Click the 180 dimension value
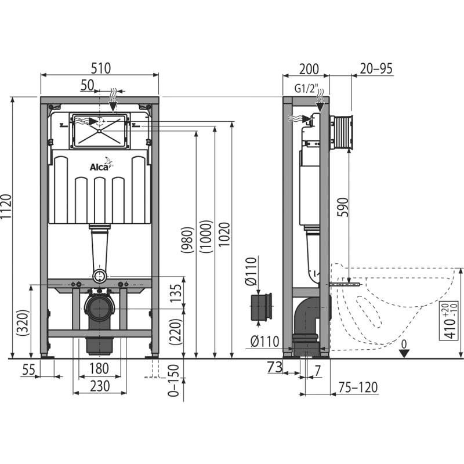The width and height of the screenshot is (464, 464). (99, 367)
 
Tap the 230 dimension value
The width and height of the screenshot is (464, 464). (99, 384)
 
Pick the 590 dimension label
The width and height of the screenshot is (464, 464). (343, 206)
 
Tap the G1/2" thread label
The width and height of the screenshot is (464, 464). (307, 89)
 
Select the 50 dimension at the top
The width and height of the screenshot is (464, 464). (87, 85)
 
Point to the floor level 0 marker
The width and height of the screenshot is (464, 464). (405, 346)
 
